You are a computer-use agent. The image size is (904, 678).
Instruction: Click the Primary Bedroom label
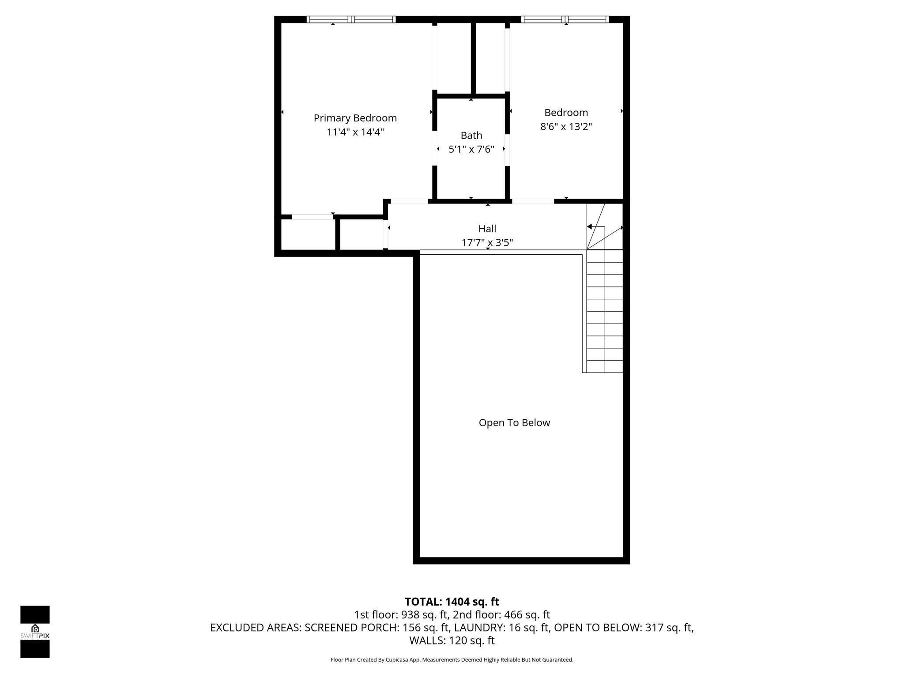[x=355, y=118]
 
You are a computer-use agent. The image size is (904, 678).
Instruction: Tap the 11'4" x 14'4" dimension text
[x=355, y=132]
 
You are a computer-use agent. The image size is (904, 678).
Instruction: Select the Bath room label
[x=471, y=136]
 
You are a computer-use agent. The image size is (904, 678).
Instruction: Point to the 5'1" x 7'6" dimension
[x=471, y=149]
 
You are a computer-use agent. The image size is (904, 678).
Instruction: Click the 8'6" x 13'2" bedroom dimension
[x=566, y=127]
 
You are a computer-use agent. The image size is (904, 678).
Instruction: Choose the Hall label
[x=487, y=229]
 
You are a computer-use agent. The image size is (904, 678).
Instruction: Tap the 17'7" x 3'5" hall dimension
[x=487, y=242]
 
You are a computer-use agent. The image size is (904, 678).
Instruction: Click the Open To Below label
[x=514, y=423]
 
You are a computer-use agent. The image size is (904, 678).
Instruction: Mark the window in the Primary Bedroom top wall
[x=351, y=19]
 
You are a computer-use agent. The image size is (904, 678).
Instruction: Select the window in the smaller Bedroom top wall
[x=565, y=19]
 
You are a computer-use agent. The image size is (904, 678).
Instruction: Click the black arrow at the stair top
[x=589, y=226]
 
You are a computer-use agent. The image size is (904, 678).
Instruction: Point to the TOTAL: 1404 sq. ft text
[x=452, y=602]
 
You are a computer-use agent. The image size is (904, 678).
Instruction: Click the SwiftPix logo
[x=35, y=631]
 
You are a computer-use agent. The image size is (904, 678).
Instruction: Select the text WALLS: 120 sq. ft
[x=452, y=640]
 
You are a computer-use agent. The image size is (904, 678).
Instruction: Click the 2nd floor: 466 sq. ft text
[x=501, y=614]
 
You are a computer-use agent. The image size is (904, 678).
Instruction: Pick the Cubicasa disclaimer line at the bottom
[x=452, y=660]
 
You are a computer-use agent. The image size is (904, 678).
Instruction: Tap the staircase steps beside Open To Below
[x=604, y=311]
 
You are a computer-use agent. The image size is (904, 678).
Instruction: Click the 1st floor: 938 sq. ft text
[x=401, y=614]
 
